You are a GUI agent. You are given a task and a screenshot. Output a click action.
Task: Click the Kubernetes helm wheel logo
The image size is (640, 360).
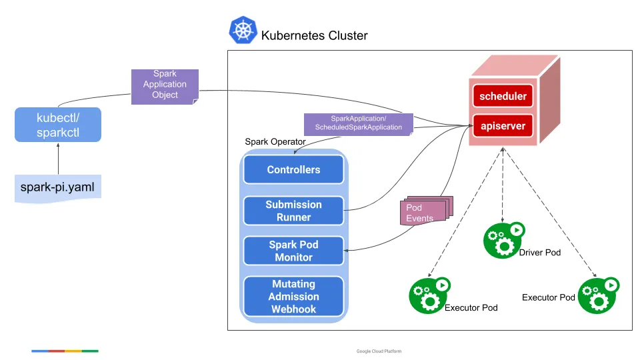coord(243,31)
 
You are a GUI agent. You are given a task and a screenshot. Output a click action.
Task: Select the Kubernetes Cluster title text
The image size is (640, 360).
coord(314,35)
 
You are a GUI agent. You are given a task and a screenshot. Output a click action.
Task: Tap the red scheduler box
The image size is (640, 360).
coord(503,96)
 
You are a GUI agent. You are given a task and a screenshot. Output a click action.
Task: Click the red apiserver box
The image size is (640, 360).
coord(503,125)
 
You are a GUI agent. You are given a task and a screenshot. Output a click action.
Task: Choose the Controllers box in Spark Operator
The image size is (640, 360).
coord(293,169)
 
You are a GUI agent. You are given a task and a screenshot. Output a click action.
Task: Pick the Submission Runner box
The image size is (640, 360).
coord(293,211)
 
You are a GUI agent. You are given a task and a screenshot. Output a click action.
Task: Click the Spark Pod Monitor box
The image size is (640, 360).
coord(293,251)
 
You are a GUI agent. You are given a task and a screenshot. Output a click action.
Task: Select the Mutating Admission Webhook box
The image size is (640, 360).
coord(293,297)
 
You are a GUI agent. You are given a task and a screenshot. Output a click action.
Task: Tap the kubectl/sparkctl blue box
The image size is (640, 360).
coord(58,125)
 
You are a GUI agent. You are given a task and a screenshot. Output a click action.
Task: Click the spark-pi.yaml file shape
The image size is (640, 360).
coord(58,189)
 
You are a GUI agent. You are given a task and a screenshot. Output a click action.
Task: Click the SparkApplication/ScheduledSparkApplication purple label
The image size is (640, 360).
coord(358,123)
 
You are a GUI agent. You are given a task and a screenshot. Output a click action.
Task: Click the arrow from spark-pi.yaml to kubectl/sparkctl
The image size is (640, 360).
coord(58,159)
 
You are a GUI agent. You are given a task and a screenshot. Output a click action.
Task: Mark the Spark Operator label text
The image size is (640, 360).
coord(275,141)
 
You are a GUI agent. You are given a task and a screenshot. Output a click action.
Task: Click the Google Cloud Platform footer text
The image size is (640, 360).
coord(379,351)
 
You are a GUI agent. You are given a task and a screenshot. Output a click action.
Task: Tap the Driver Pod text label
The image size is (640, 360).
coord(540,253)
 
